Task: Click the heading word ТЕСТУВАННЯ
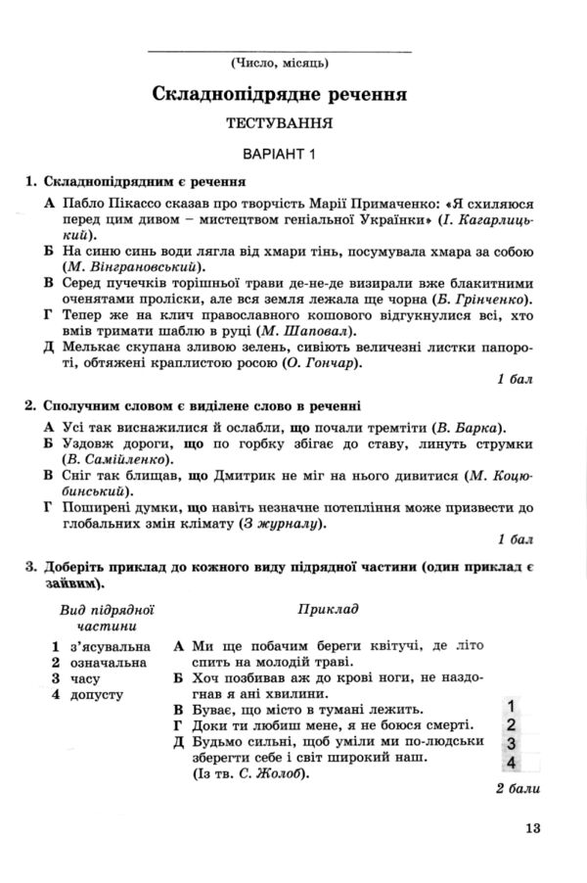click(x=280, y=124)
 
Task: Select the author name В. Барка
click(x=472, y=427)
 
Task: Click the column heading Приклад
click(x=327, y=608)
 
